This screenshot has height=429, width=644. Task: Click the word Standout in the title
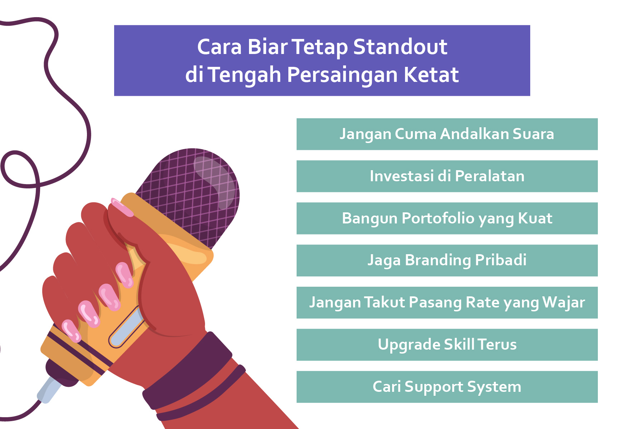pos(400,47)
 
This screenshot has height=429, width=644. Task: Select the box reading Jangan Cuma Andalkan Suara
pos(447,134)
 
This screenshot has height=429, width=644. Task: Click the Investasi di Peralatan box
pos(447,176)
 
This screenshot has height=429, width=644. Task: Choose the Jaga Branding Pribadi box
pos(447,260)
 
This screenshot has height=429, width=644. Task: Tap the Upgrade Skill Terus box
pos(447,345)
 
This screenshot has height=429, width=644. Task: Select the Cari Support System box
pos(447,387)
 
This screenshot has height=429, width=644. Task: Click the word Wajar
pos(563,303)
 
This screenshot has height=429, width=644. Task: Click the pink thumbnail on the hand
pos(122,207)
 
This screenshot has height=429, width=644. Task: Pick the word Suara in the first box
pos(533,134)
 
